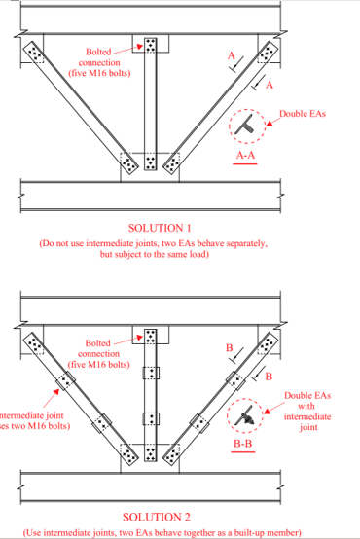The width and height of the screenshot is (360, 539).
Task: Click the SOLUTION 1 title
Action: pos(151,226)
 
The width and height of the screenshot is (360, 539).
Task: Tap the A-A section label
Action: pos(246,157)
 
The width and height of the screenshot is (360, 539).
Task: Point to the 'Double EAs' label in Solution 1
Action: pos(303,114)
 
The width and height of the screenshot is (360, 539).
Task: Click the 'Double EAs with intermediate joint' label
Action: pos(306,411)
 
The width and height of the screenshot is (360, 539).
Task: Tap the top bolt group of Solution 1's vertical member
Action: pos(150,46)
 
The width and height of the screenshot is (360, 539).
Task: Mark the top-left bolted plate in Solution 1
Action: pos(35,53)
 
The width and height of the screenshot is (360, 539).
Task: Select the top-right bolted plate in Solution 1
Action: pos(267,53)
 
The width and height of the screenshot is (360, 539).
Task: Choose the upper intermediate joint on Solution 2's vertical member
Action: pos(150,374)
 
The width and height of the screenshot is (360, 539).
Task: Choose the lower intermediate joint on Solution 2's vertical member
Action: pos(150,419)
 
